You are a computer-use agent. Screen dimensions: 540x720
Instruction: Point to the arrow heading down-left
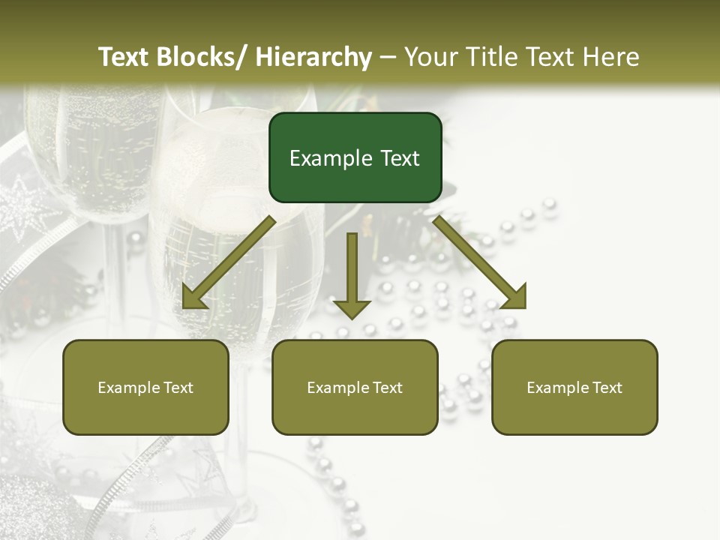pos(229,262)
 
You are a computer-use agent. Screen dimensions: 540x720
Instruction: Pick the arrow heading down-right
pos(480,262)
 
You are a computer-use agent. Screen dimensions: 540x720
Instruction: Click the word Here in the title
pos(611,57)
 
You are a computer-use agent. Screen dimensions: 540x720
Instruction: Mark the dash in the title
pos(388,57)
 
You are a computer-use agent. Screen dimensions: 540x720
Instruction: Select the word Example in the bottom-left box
pos(128,388)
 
